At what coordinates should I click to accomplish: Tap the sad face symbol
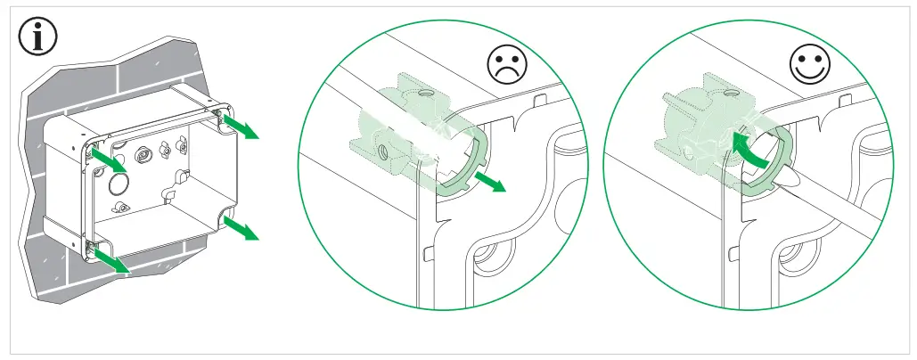[x=507, y=65]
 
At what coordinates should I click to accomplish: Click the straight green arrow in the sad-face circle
[x=491, y=183]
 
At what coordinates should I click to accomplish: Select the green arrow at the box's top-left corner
[x=109, y=161]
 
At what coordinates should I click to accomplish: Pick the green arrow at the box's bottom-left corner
[x=111, y=260]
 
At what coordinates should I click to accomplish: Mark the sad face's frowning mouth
[x=507, y=73]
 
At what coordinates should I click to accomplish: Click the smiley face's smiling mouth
[x=810, y=71]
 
